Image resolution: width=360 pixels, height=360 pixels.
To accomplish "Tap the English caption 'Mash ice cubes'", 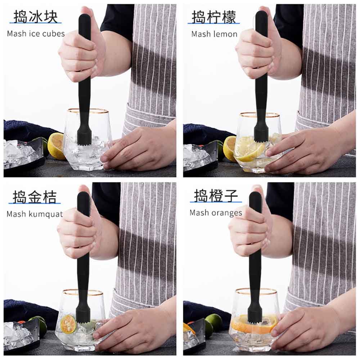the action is point(36,34).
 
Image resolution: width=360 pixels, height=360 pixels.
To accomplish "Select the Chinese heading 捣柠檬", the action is point(214,17).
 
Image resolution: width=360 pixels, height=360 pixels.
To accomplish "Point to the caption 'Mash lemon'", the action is point(214,34).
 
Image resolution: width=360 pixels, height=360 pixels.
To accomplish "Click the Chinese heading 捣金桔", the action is point(35,197).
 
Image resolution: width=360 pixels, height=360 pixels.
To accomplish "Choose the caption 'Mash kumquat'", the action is point(35,214).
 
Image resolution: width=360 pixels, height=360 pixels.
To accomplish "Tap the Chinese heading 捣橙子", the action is point(216,195).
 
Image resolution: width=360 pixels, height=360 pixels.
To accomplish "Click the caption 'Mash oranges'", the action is point(216,213).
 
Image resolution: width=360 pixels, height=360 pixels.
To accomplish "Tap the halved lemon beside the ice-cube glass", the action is point(56,146).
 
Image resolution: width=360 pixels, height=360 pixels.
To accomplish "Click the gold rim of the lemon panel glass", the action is point(260,115).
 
